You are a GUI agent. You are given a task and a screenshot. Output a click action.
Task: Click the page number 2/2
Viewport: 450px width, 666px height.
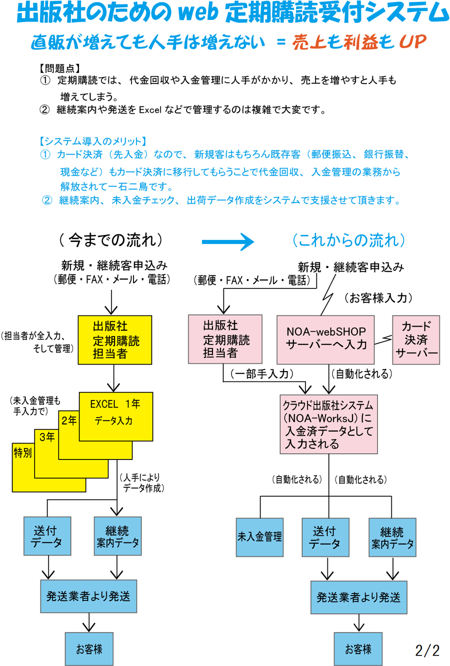pyautogui.click(x=427, y=650)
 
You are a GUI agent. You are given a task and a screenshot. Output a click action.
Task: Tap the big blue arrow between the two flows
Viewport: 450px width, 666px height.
pyautogui.click(x=228, y=242)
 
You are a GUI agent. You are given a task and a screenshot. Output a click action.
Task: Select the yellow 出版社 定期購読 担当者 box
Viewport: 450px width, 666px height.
pyautogui.click(x=114, y=340)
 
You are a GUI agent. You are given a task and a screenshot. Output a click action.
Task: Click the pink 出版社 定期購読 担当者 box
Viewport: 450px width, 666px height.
pyautogui.click(x=225, y=339)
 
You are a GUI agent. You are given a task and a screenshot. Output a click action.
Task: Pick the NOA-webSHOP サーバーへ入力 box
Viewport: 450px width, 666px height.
pyautogui.click(x=325, y=339)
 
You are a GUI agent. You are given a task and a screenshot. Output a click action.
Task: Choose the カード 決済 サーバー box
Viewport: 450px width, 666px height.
pyautogui.click(x=415, y=339)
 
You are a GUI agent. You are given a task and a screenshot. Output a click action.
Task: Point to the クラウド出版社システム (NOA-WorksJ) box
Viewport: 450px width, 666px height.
pyautogui.click(x=328, y=424)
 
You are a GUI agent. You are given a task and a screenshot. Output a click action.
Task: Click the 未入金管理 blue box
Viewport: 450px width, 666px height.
pyautogui.click(x=259, y=537)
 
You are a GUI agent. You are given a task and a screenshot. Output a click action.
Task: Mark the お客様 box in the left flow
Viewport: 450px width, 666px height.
pyautogui.click(x=89, y=649)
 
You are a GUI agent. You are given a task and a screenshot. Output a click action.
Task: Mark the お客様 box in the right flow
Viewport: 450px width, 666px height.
pyautogui.click(x=358, y=649)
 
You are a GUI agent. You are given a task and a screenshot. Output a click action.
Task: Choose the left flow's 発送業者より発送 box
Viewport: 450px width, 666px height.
pyautogui.click(x=88, y=596)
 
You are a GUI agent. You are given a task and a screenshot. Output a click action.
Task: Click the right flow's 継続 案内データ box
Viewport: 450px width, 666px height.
pyautogui.click(x=392, y=537)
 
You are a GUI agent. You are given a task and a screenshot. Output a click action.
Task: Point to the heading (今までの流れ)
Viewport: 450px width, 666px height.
pyautogui.click(x=110, y=240)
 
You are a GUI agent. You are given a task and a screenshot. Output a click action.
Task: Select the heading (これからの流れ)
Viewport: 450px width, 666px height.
pyautogui.click(x=348, y=240)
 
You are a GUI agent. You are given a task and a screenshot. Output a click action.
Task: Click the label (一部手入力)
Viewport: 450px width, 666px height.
pyautogui.click(x=261, y=373)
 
